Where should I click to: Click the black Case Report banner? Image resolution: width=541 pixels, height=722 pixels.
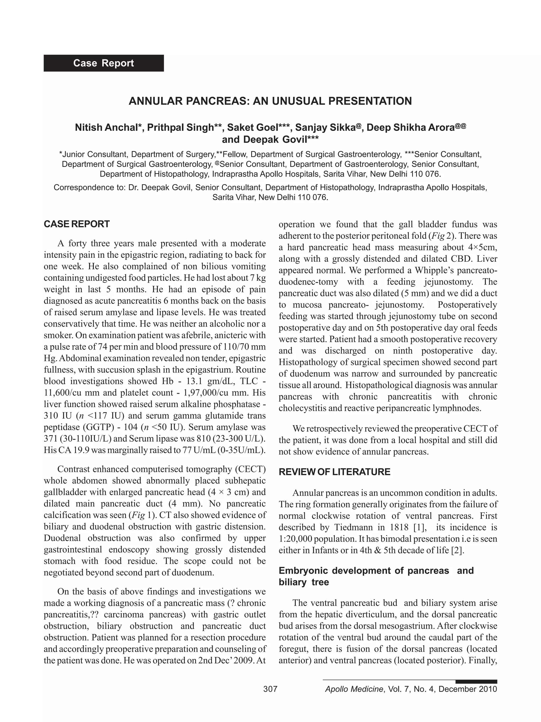point(104,63)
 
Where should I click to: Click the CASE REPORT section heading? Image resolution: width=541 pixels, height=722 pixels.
point(77,224)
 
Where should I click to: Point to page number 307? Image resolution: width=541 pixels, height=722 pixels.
point(270,689)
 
